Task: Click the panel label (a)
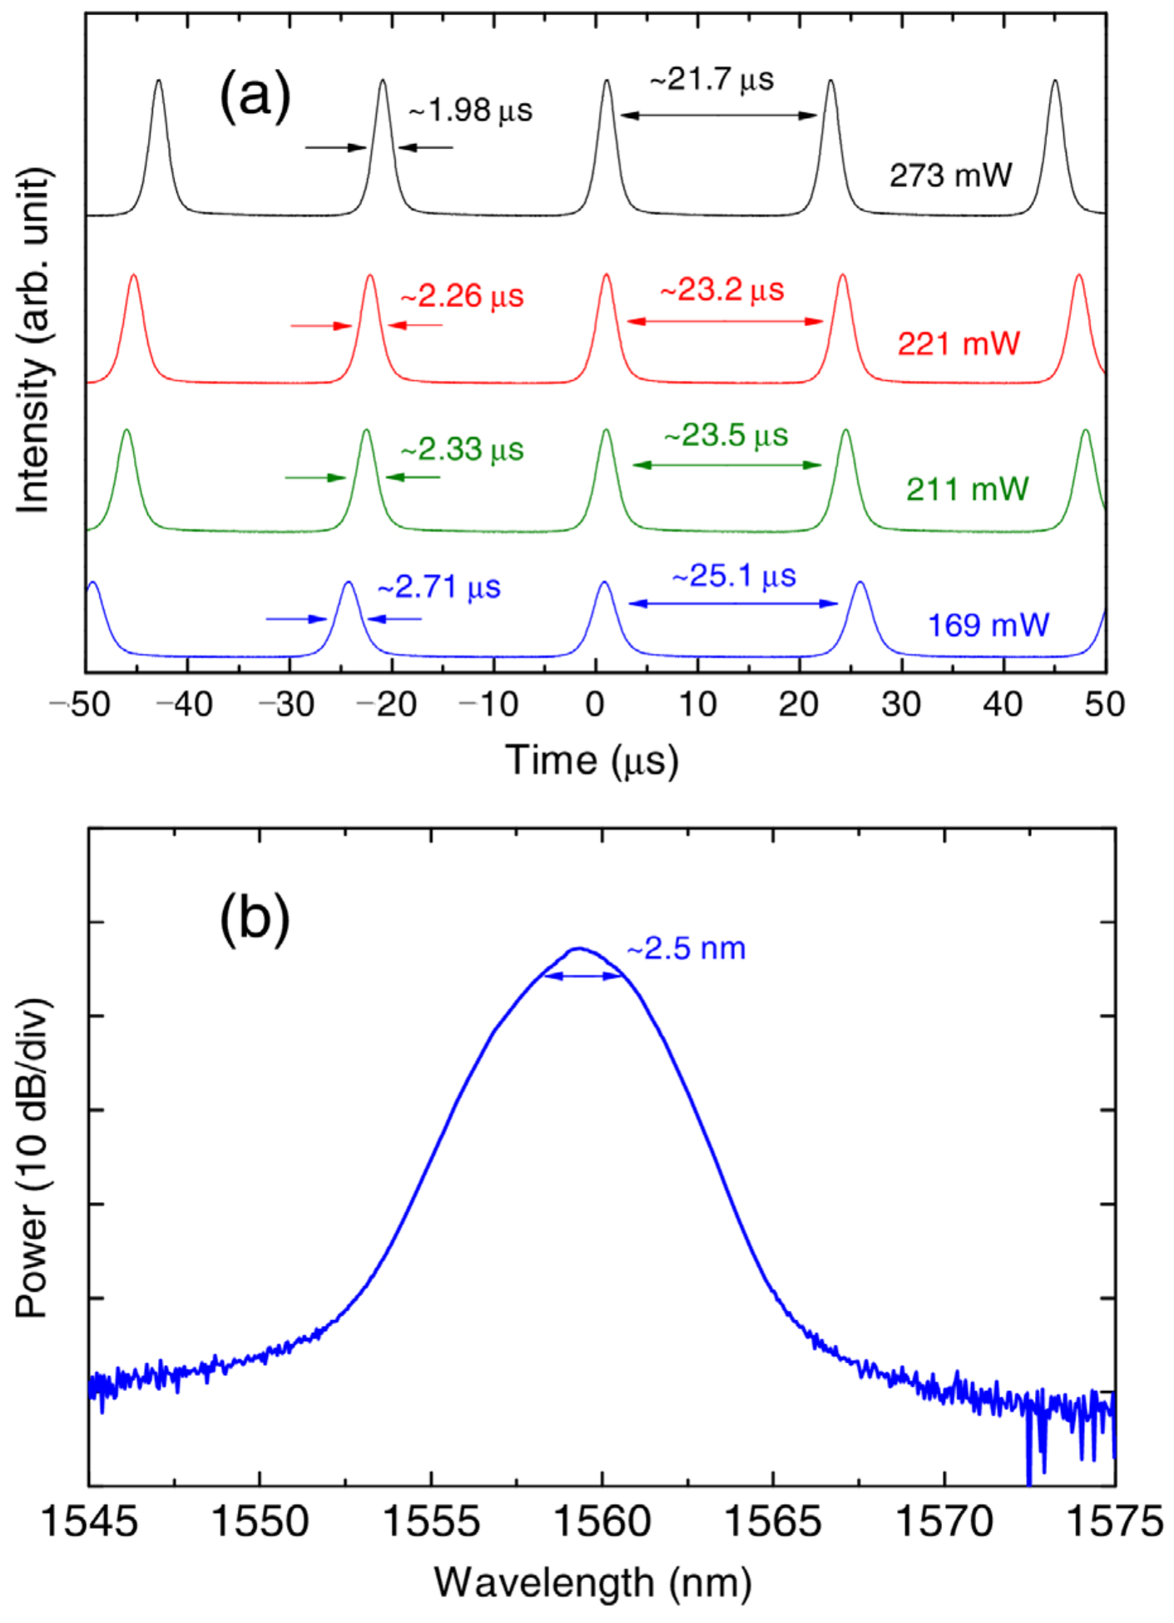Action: (255, 95)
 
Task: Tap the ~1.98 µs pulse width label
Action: (470, 110)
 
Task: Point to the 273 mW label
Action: (950, 176)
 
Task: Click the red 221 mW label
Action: (959, 343)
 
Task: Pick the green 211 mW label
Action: (967, 488)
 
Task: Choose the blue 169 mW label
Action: (988, 625)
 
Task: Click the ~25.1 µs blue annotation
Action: (734, 576)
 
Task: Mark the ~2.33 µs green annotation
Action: (462, 450)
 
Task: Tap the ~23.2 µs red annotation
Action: (722, 290)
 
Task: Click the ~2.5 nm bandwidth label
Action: (686, 948)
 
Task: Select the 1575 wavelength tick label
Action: (1114, 1522)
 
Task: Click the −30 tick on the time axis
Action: (287, 705)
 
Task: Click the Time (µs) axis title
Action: (592, 760)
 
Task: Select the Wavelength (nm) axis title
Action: (592, 1582)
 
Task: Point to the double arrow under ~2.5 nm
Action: (582, 977)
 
